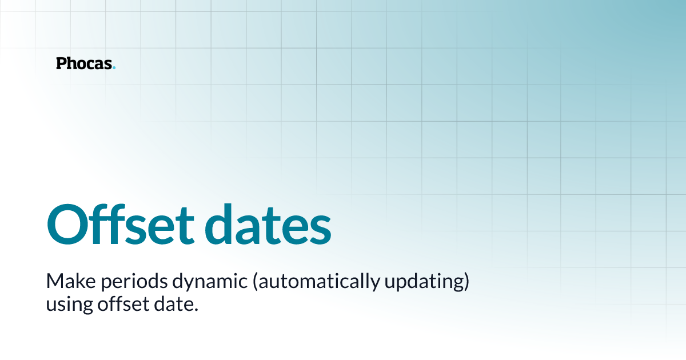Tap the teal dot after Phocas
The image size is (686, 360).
click(114, 68)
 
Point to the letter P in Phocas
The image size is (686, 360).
click(61, 63)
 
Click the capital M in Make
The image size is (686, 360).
click(53, 282)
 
